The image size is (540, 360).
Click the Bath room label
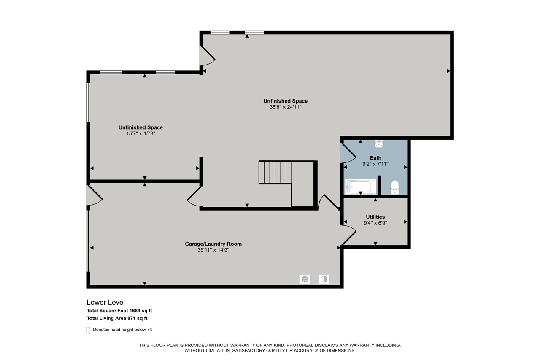(x=375, y=158)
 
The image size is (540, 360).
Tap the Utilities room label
(x=375, y=217)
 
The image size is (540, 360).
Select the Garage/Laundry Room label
(x=213, y=244)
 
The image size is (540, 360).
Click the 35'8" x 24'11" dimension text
(x=286, y=107)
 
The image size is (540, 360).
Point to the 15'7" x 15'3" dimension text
(x=140, y=134)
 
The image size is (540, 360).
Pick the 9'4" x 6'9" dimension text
(x=375, y=223)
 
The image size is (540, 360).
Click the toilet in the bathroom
(x=395, y=187)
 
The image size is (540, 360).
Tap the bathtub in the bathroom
(x=360, y=187)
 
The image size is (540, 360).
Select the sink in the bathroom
(x=379, y=144)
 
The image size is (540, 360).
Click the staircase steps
(x=275, y=173)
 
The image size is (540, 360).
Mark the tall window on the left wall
(x=89, y=102)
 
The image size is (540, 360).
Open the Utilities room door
(x=348, y=235)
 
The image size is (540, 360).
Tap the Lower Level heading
(x=106, y=302)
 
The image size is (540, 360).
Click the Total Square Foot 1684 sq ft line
(x=119, y=311)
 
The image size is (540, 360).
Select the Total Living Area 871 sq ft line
(x=117, y=318)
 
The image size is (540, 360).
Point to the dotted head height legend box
(x=88, y=330)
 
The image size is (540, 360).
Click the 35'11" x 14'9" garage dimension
(x=213, y=250)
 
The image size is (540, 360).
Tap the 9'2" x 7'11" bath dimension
(x=375, y=164)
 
